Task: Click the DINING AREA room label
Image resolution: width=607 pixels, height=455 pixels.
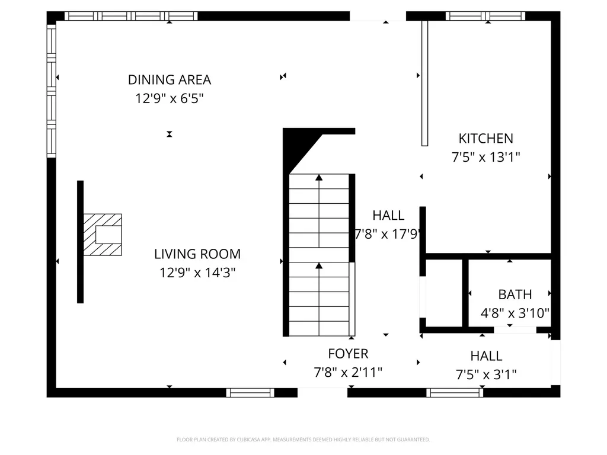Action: [x=170, y=79]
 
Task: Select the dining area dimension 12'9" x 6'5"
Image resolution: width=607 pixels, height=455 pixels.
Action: [x=170, y=98]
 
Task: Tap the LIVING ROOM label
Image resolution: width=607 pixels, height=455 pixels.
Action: [x=197, y=254]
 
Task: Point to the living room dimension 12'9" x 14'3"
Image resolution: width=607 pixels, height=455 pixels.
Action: [x=197, y=273]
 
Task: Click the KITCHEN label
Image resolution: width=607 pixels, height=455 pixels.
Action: [x=485, y=139]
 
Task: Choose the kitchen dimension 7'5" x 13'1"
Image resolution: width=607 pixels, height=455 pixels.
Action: [x=485, y=158]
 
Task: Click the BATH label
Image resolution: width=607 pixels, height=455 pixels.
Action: [x=515, y=294]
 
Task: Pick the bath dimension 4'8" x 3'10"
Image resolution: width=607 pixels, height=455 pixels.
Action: [x=515, y=313]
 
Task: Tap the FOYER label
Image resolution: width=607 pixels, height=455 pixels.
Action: [x=348, y=354]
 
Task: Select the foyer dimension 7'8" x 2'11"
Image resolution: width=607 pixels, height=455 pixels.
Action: [x=348, y=373]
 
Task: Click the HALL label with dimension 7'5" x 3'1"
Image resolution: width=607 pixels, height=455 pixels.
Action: [x=486, y=356]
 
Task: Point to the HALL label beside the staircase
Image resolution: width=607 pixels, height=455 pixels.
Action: [x=388, y=215]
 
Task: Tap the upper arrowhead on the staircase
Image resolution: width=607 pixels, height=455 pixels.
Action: [x=319, y=177]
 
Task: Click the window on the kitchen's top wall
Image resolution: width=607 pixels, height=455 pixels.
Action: [x=485, y=16]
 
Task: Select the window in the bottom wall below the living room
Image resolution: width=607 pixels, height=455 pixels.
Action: [x=250, y=392]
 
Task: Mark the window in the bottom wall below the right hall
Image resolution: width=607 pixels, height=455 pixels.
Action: [x=455, y=392]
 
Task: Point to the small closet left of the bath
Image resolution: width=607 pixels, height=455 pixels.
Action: [x=443, y=293]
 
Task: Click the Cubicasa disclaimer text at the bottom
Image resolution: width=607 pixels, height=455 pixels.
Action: [x=303, y=440]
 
